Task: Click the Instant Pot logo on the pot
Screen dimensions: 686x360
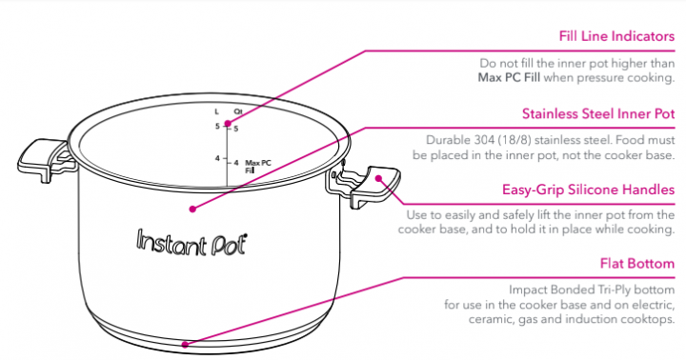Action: click(189, 240)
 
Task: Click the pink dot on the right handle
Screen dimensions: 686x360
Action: click(378, 177)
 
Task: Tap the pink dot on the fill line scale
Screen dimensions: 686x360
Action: click(227, 125)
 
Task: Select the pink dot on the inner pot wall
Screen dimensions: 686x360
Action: click(192, 208)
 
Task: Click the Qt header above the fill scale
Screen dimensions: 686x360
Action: click(237, 111)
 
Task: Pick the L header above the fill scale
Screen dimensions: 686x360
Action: click(216, 111)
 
